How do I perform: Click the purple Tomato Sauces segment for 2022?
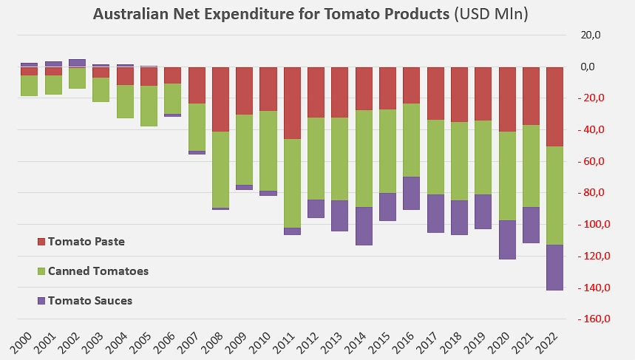click(554, 268)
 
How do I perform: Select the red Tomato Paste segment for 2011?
click(292, 103)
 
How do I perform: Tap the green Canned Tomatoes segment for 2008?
click(220, 169)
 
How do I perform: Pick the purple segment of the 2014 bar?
click(364, 226)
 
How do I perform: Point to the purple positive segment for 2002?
click(78, 63)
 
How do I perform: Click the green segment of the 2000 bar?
click(29, 86)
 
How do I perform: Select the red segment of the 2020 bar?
click(507, 99)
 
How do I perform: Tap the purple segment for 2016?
click(411, 193)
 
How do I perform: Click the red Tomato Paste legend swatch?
click(41, 242)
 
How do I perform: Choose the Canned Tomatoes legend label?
click(98, 271)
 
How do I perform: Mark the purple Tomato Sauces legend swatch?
click(41, 301)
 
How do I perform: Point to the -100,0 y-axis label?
click(594, 224)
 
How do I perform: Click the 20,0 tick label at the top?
click(591, 35)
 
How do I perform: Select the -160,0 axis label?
click(594, 319)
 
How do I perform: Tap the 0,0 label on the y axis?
click(588, 67)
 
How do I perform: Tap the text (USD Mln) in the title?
click(492, 14)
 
